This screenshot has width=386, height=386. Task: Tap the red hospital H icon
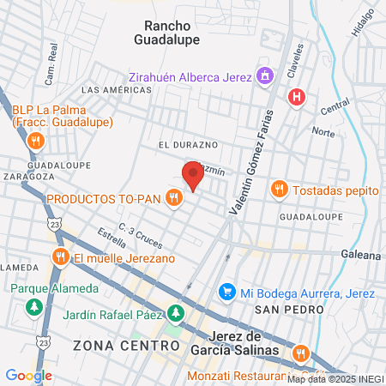coord(297,96)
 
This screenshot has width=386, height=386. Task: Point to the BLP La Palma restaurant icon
coord(35,140)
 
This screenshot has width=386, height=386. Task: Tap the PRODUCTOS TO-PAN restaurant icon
coord(174,198)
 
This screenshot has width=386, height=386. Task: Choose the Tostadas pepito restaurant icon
coord(279,189)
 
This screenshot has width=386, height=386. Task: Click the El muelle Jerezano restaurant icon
coord(60,257)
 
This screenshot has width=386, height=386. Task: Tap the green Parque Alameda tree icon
coord(34,305)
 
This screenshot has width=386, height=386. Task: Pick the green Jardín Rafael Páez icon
coord(176,312)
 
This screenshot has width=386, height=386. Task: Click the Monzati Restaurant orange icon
coord(300,353)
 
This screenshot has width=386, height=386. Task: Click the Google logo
coord(29,375)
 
